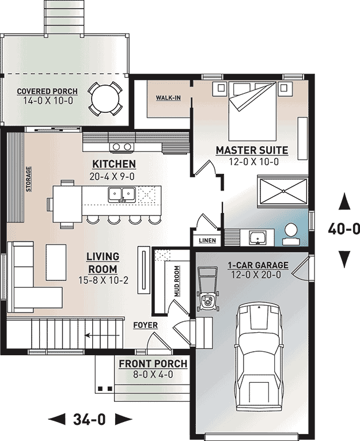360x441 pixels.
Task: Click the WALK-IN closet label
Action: click(168, 98)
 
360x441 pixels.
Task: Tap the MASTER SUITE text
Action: click(252, 151)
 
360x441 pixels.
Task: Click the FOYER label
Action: click(145, 325)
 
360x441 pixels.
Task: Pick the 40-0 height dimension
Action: click(344, 229)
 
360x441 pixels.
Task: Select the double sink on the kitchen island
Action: click(122, 194)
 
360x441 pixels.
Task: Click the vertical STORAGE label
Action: click(28, 179)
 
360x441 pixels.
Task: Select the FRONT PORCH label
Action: click(153, 364)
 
